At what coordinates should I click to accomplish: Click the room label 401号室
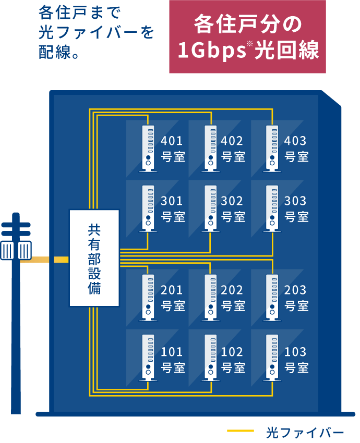click(x=172, y=149)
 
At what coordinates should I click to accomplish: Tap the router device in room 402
click(x=210, y=148)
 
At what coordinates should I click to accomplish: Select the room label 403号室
click(x=296, y=149)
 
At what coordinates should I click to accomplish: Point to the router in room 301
click(x=148, y=208)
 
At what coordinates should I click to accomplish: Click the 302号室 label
click(x=233, y=208)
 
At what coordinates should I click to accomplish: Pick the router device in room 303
click(x=272, y=208)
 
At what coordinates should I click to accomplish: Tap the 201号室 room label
click(x=172, y=298)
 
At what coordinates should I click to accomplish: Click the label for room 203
click(x=296, y=298)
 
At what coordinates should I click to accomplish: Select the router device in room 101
click(x=148, y=357)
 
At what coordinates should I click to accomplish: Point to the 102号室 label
click(x=233, y=360)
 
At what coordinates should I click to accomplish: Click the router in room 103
click(x=272, y=357)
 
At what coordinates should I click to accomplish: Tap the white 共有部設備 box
click(x=94, y=257)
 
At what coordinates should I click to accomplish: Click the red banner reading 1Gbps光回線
click(x=247, y=36)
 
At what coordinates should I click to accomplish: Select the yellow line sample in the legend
click(x=241, y=431)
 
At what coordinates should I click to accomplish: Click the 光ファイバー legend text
click(x=305, y=432)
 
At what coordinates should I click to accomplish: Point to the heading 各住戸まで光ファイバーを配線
click(x=97, y=32)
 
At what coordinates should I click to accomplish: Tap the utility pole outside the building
click(x=16, y=313)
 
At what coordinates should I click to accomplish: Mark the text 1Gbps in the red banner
click(x=211, y=51)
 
